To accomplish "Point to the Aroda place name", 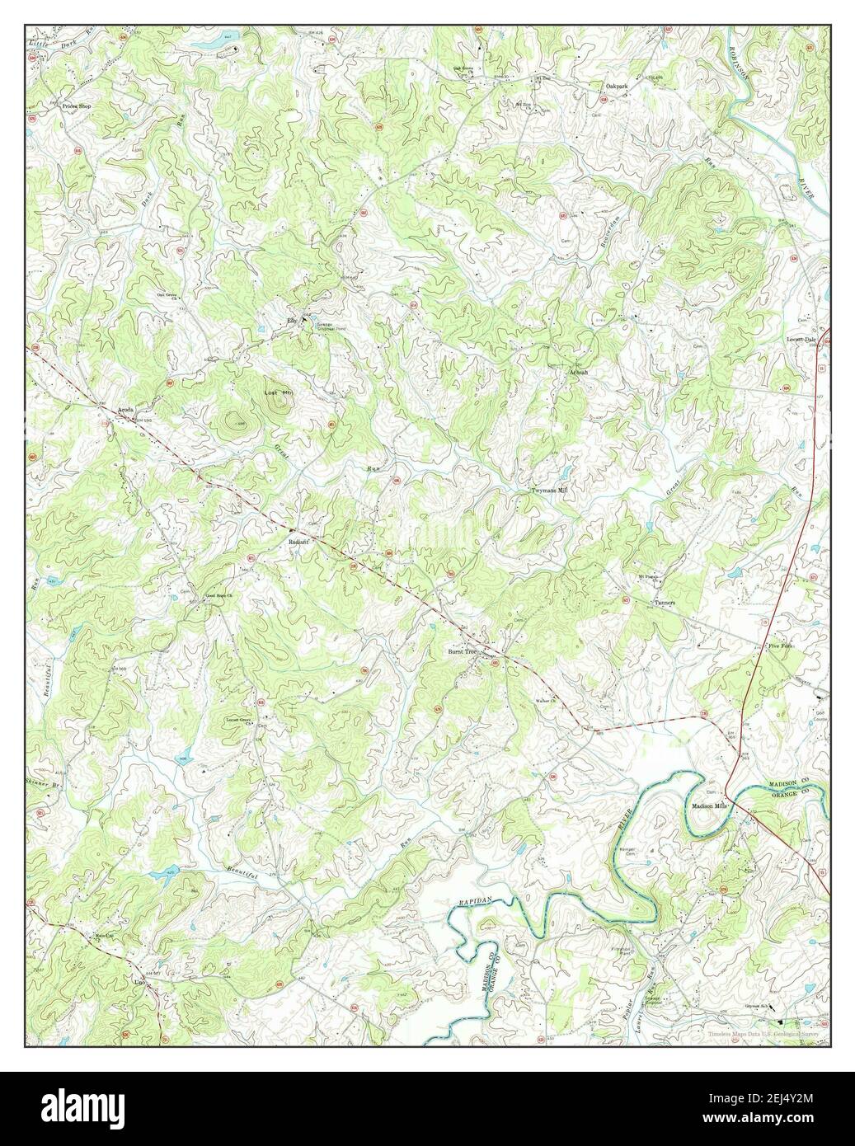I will (x=125, y=410).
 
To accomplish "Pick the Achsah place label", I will (x=578, y=372).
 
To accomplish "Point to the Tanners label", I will (x=665, y=603).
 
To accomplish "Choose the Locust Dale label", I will (x=804, y=339).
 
